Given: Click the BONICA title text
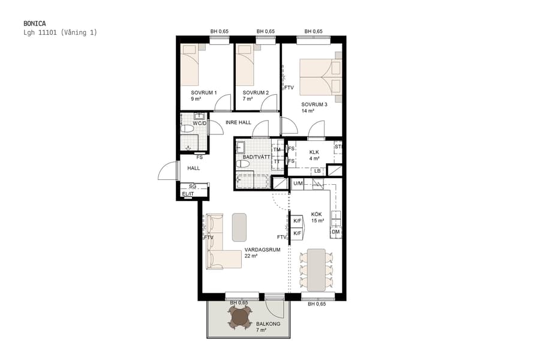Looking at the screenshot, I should (37, 23).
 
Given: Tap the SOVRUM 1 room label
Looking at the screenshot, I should (203, 96).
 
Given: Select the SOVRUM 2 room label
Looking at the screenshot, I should (255, 96).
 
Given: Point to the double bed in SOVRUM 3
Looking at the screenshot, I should (320, 76).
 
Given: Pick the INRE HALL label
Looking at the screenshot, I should (238, 122).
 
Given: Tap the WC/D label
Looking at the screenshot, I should (199, 124).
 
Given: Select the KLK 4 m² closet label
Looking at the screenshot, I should (314, 155).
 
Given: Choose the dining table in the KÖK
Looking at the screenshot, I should (316, 269).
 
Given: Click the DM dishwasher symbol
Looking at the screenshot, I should (335, 232).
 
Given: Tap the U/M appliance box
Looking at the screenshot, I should (298, 184).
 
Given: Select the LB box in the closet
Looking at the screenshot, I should (317, 172).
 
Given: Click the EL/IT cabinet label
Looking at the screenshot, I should (188, 194).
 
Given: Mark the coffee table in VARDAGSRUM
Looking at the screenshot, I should (240, 227).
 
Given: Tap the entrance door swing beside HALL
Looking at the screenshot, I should (167, 172).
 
